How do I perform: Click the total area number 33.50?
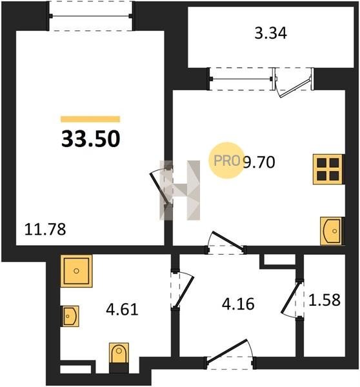[x=90, y=139]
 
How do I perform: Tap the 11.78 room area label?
[x=45, y=229]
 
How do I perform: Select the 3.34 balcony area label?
[x=270, y=34]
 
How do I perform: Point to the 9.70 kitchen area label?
[x=259, y=162]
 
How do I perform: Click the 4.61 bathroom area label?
[x=122, y=309]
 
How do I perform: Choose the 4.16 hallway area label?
[x=238, y=304]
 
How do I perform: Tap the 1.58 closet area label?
[x=325, y=300]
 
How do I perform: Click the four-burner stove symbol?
[x=328, y=169]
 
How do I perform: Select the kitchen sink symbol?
[x=332, y=231]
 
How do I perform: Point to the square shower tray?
[x=76, y=271]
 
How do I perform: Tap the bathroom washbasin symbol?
[x=70, y=316]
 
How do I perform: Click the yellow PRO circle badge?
[x=226, y=160]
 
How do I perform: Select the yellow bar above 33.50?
[x=90, y=119]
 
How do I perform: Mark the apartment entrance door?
[x=226, y=351]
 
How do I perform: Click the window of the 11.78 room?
[x=90, y=16]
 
